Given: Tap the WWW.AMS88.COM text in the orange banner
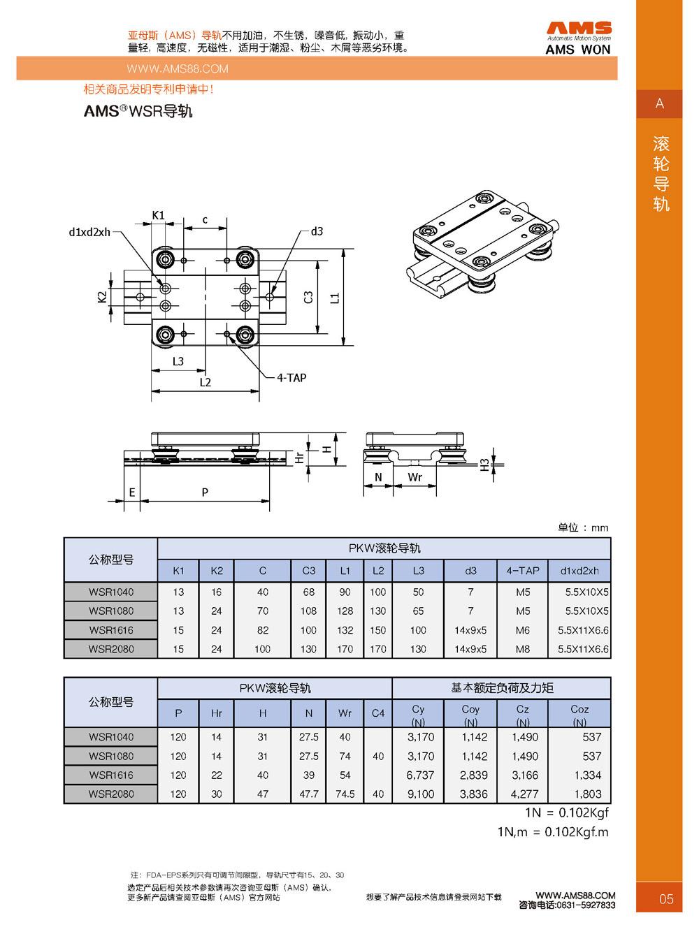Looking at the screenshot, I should (178, 68).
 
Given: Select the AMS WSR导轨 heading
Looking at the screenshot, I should (138, 111).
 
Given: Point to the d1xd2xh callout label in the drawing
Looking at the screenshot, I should (89, 232).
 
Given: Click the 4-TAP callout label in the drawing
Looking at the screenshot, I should (291, 378).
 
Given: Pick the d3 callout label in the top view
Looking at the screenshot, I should (317, 231).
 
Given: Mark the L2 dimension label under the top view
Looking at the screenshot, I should (205, 382).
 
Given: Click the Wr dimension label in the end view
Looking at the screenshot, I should (415, 477).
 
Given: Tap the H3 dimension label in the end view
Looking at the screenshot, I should (484, 465).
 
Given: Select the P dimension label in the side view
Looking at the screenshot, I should (205, 492).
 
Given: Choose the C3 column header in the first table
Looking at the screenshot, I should (308, 571).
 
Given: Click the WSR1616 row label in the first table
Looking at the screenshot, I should (111, 630).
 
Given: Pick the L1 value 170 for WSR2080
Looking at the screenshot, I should (345, 649).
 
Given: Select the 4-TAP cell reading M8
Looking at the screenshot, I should (523, 649).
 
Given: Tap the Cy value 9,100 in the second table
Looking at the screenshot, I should (420, 794).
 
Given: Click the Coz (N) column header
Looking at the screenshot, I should (579, 714).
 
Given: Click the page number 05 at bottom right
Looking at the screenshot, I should (666, 899).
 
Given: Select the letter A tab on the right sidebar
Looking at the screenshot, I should (659, 104).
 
